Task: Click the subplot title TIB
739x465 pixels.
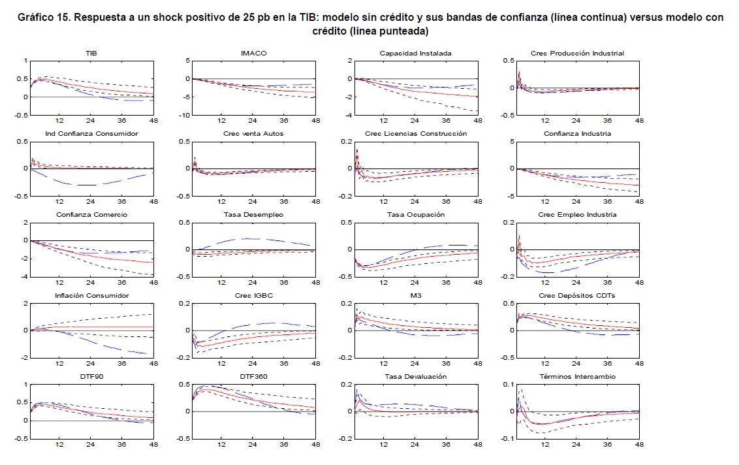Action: pos(91,53)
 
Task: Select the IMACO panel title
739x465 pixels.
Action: pos(253,53)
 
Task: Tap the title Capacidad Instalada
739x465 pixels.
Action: pos(415,53)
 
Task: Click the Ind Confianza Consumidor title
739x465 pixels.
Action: pos(91,134)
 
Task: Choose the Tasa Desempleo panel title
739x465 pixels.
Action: pos(253,215)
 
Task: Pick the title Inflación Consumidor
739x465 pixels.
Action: pos(91,296)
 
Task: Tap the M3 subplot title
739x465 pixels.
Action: pos(415,296)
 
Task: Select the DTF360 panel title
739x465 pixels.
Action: pos(253,377)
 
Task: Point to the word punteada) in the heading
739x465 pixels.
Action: pos(405,31)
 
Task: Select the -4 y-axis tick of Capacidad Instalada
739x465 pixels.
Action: pos(348,115)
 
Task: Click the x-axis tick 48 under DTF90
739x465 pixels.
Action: pos(153,445)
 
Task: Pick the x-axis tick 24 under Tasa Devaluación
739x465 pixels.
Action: pos(415,445)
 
